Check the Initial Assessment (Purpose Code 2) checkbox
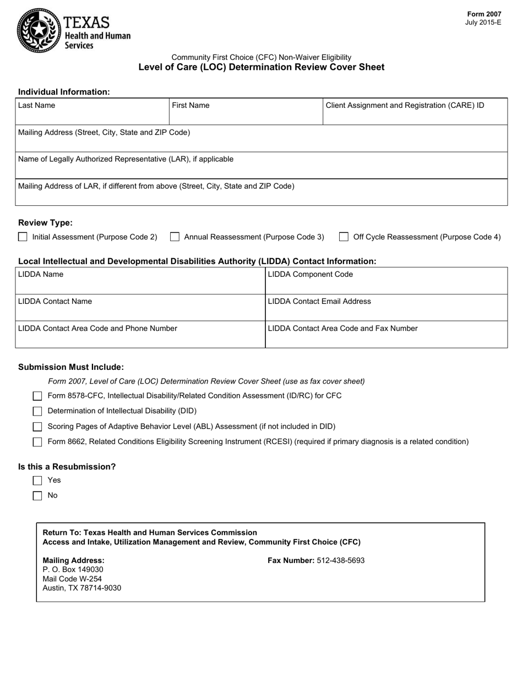(x=23, y=237)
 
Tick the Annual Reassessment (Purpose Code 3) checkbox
(x=175, y=237)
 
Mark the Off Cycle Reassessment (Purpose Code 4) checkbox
(x=344, y=237)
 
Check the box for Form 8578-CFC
(x=37, y=396)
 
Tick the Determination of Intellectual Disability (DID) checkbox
(x=37, y=411)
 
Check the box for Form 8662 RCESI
(x=37, y=442)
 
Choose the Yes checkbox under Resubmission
(x=37, y=481)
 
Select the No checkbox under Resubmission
(x=37, y=496)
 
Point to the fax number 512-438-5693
(x=340, y=561)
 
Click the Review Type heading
(x=45, y=223)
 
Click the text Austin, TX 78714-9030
(x=82, y=588)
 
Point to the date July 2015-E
(x=483, y=23)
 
